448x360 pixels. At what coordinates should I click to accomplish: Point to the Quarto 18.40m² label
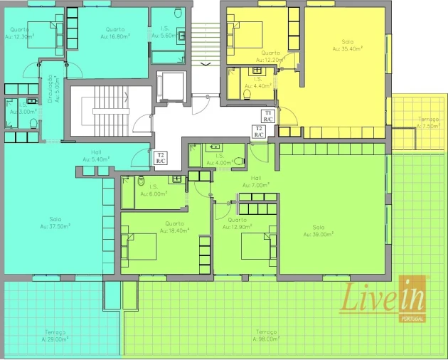click(174, 226)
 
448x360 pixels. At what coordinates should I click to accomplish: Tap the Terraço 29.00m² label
click(54, 336)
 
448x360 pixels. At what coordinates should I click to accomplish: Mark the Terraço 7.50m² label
click(428, 122)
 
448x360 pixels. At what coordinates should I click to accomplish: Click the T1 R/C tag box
click(268, 116)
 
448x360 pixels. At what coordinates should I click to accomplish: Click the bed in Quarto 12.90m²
click(256, 246)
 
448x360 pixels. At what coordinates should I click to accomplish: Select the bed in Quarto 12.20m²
click(239, 32)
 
